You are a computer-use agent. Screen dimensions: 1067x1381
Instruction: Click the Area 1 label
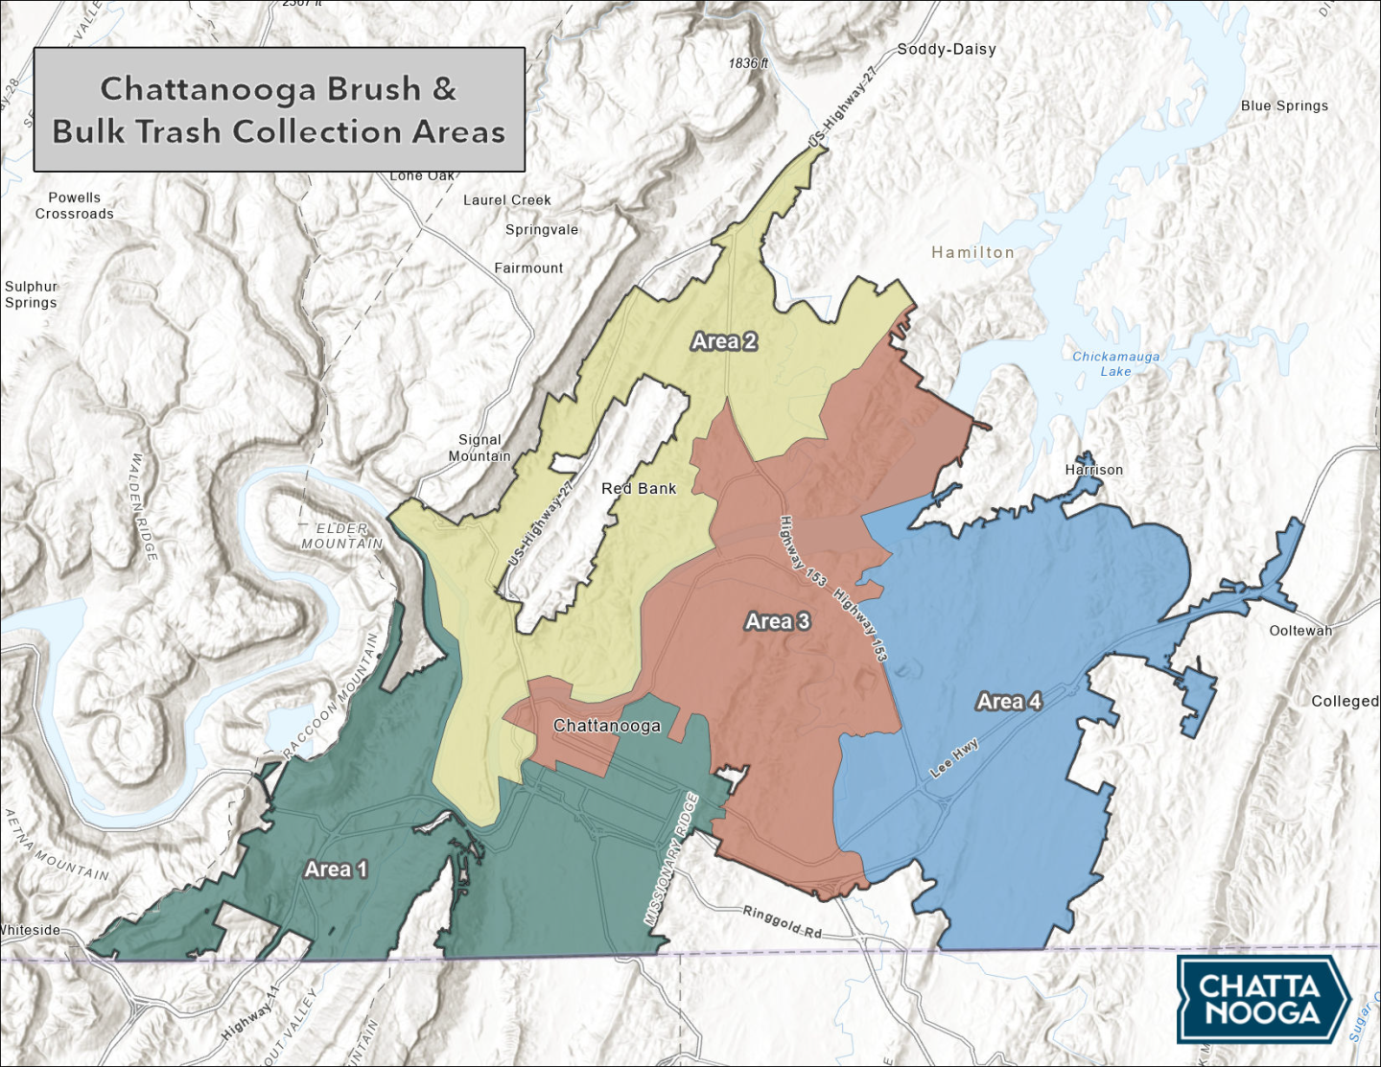pos(336,870)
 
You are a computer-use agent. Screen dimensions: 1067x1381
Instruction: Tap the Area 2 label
pos(724,341)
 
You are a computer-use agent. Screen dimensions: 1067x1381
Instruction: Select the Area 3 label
pos(778,621)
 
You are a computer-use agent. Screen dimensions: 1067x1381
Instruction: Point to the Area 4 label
pos(1009,702)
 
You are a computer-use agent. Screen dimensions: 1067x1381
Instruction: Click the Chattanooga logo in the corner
pos(1263,999)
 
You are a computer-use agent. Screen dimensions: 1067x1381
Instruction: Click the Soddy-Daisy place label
pos(947,49)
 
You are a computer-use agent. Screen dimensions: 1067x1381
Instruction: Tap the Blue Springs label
pos(1284,105)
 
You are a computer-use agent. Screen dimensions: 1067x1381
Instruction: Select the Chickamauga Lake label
pos(1115,363)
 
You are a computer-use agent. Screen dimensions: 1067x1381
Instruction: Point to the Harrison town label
pos(1093,470)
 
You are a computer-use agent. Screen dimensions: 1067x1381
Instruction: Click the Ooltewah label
pos(1300,631)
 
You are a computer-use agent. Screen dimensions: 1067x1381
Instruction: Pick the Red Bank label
pos(639,489)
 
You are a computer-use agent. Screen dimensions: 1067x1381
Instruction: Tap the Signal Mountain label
pos(480,448)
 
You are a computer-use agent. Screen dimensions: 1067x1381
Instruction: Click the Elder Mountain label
pos(342,536)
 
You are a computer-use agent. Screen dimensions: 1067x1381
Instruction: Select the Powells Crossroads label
pos(74,205)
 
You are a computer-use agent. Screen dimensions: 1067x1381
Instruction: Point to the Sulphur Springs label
pos(31,294)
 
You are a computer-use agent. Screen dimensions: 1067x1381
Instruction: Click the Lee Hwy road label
pos(954,757)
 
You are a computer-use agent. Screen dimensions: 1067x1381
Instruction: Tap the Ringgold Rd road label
pos(783,920)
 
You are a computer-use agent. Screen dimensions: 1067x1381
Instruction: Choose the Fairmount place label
pos(528,268)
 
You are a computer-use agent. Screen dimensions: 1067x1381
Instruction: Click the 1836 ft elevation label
pos(748,63)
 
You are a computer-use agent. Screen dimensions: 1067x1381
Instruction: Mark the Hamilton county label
pos(972,252)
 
